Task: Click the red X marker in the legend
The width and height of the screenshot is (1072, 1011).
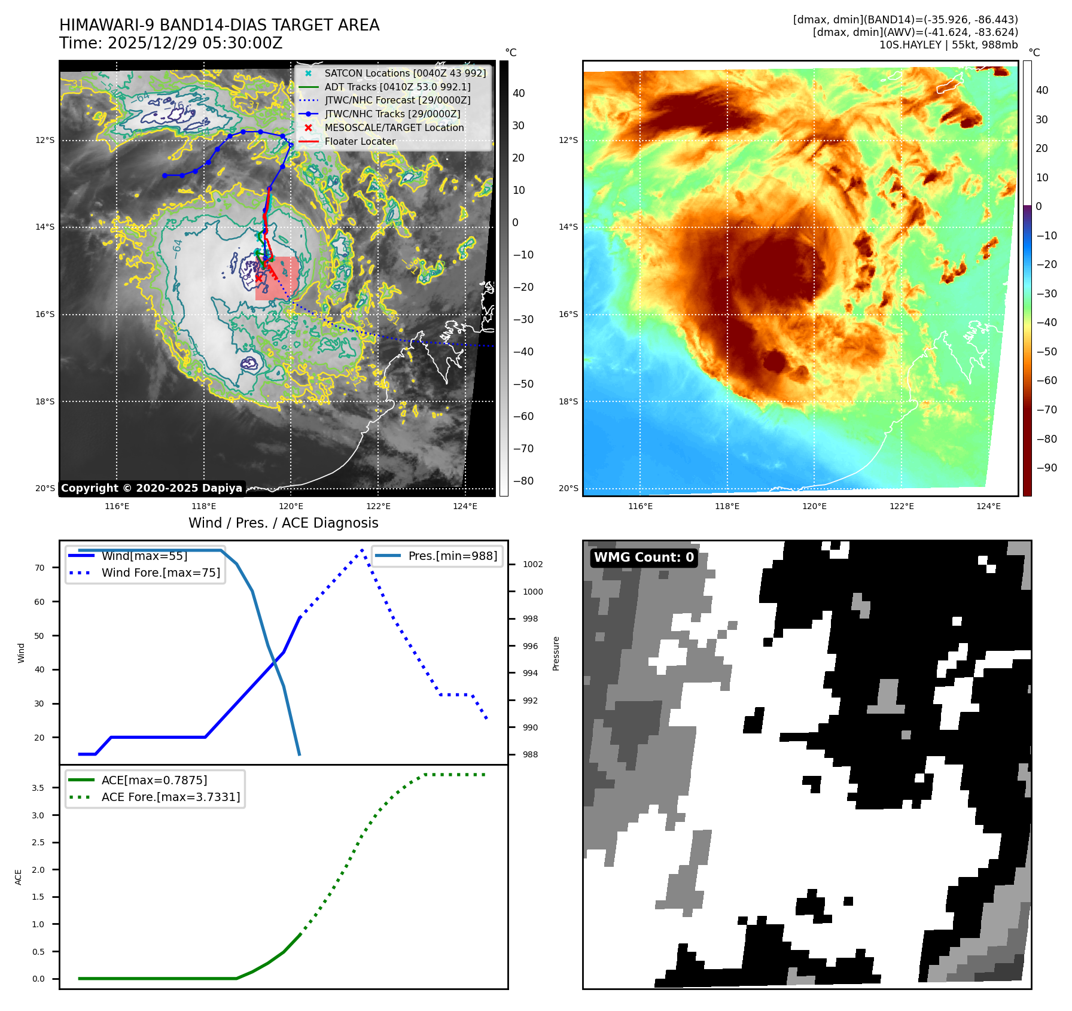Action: tap(308, 127)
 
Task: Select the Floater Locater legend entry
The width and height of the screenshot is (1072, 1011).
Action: tap(360, 141)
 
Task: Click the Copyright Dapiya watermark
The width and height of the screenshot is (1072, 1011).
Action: tap(151, 488)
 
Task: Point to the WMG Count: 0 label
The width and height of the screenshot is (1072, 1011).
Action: tap(644, 558)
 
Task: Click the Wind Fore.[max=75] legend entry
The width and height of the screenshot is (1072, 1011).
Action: tap(160, 573)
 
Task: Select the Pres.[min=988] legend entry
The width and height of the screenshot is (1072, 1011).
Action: tap(452, 556)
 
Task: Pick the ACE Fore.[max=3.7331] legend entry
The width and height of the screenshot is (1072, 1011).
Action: tap(170, 797)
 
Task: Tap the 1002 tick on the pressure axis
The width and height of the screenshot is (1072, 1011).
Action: tap(532, 564)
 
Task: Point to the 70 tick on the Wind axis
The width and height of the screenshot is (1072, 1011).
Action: tap(39, 568)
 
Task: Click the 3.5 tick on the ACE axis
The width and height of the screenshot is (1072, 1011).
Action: tap(38, 788)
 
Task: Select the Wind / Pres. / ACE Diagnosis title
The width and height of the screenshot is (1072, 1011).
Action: tap(283, 523)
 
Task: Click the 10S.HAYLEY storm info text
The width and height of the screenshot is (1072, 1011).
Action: tap(948, 45)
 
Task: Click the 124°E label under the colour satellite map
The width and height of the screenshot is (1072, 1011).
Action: tap(988, 506)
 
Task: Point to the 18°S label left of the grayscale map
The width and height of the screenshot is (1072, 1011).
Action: tap(45, 401)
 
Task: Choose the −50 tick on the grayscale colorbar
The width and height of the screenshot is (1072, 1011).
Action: tap(523, 384)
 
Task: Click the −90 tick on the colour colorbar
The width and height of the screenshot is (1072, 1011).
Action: tap(1046, 468)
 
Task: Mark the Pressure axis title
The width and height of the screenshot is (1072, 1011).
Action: tap(556, 653)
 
